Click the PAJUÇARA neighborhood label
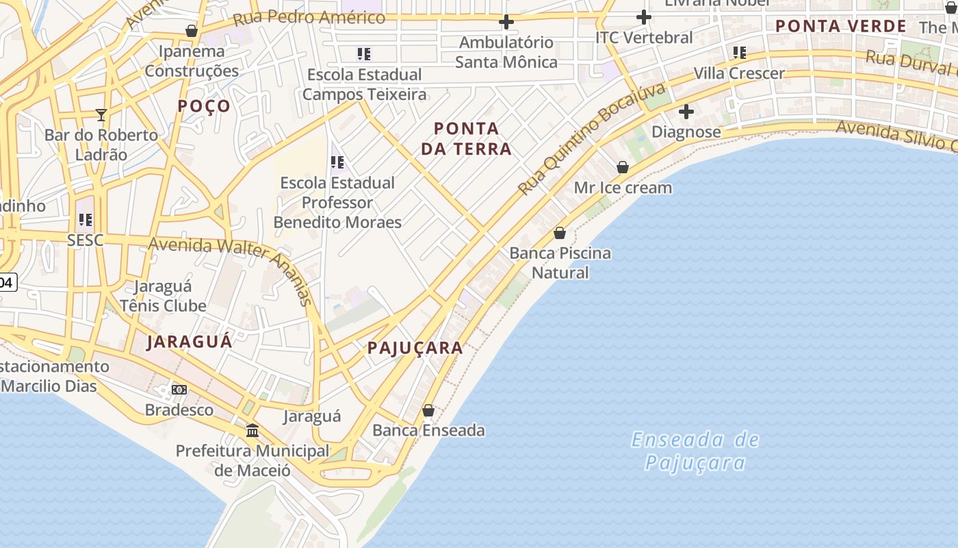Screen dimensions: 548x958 [415, 348]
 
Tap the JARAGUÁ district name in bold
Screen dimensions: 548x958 [190, 342]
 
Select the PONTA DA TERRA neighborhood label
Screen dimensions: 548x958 [467, 138]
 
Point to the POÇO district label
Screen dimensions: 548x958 [204, 106]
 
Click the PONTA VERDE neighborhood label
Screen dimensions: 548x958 [841, 27]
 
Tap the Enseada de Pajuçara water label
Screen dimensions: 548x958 [695, 451]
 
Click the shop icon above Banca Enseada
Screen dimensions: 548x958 [428, 410]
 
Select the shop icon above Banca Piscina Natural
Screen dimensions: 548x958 [560, 233]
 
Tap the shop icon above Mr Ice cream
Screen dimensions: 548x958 [623, 166]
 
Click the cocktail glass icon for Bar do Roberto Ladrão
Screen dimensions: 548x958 [101, 114]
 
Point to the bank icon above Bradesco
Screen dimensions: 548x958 [179, 390]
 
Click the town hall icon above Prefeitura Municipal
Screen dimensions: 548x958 [253, 430]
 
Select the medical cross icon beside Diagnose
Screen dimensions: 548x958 [686, 111]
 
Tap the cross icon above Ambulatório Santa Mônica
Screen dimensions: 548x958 [506, 22]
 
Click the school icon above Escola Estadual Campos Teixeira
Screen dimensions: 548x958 [364, 53]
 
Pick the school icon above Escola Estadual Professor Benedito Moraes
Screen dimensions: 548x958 [337, 162]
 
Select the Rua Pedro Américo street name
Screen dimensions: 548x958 [309, 18]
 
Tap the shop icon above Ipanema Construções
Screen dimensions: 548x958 [192, 31]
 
